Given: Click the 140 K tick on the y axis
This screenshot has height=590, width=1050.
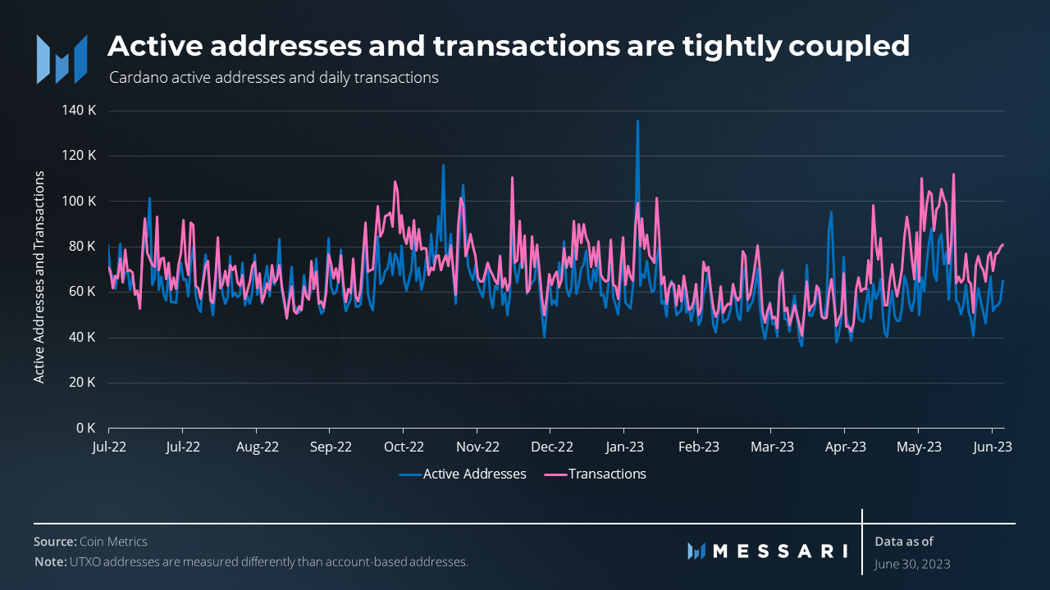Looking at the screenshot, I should tap(80, 111).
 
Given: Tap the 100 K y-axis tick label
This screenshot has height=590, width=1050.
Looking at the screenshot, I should tap(80, 201).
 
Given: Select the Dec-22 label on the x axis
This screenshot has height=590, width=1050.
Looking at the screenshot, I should tap(552, 447).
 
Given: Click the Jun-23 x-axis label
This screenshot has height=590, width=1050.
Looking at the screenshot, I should tap(992, 447).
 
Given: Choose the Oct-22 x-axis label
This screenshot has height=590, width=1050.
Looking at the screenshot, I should tap(404, 447).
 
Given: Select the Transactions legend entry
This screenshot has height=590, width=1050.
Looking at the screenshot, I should tap(607, 474).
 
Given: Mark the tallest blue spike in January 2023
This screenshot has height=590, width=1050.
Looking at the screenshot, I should tap(637, 122).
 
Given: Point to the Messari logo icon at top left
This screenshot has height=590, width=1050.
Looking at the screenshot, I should tap(62, 58).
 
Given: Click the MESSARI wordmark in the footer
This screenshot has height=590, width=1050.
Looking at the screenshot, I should tap(779, 551).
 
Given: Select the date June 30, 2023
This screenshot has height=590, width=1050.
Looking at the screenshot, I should tap(912, 565).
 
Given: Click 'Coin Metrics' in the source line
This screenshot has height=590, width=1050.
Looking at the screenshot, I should tap(113, 542).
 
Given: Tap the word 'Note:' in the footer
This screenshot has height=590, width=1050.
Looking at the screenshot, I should tap(50, 562).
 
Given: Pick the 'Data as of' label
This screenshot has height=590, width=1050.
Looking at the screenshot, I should tap(904, 541).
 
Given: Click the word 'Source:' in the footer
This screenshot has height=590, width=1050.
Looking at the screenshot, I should tap(55, 542).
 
